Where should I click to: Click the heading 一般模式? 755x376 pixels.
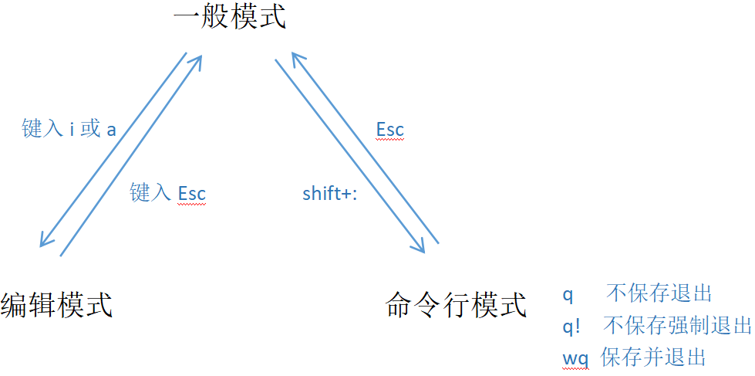(x=230, y=17)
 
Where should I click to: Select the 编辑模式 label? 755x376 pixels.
(x=57, y=304)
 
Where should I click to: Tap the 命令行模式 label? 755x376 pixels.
(x=456, y=304)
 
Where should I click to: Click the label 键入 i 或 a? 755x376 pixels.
(x=69, y=129)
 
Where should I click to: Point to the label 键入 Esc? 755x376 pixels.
(x=167, y=192)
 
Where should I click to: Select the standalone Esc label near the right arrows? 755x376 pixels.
(x=389, y=129)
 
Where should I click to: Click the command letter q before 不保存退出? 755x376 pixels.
(x=568, y=294)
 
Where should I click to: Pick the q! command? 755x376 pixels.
(x=571, y=326)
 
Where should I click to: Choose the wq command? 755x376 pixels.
(x=575, y=358)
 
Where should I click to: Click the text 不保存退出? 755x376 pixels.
(x=659, y=293)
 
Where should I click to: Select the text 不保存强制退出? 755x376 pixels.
(x=676, y=325)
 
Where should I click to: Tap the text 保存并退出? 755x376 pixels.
(x=653, y=357)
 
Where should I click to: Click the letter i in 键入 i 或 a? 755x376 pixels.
(x=72, y=129)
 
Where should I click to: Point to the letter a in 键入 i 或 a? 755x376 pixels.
(x=111, y=130)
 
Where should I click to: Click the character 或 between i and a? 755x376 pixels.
(x=90, y=129)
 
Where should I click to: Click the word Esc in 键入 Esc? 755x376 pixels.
(x=192, y=192)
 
